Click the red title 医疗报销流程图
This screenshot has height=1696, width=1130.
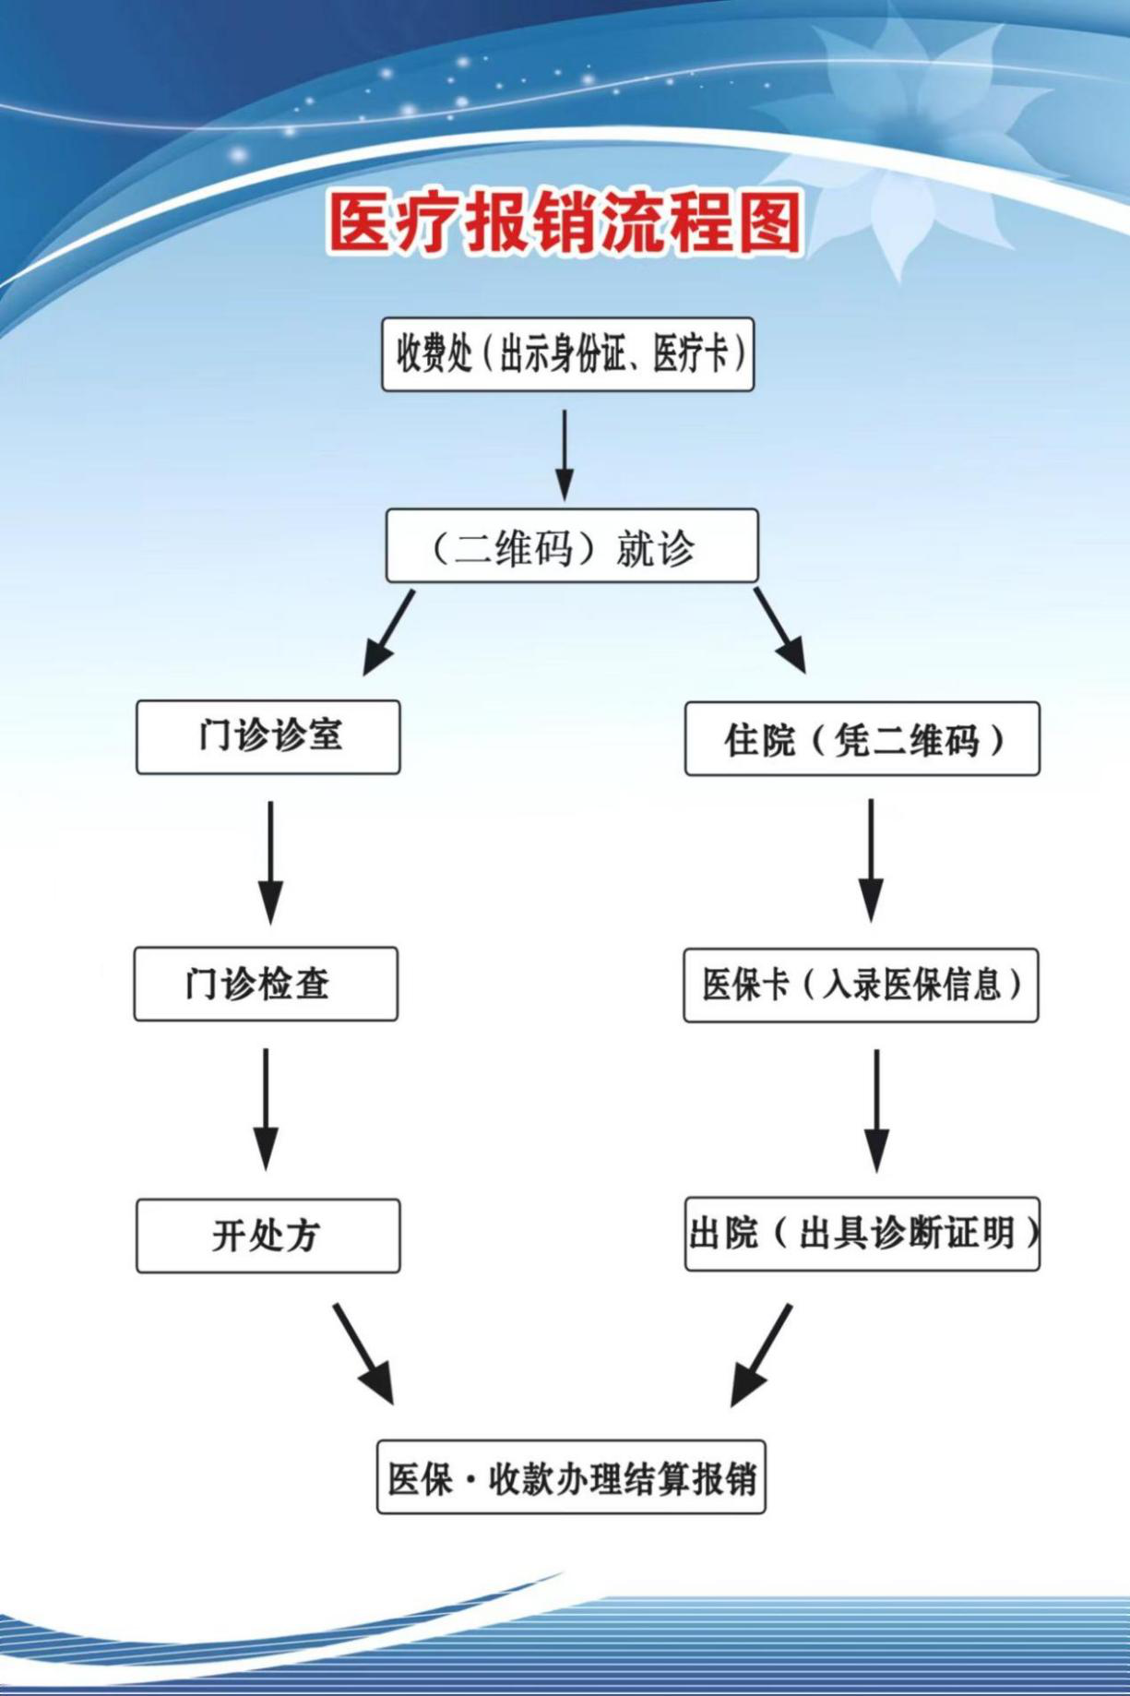tap(565, 223)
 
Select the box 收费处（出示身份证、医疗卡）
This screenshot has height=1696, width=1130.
tap(568, 354)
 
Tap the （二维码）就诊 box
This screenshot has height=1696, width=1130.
tap(572, 545)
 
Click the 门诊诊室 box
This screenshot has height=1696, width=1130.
tap(268, 736)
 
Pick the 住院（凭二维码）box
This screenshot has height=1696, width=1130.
tap(862, 738)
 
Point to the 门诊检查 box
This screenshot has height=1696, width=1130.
tap(266, 984)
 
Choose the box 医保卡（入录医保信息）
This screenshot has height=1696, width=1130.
tap(861, 985)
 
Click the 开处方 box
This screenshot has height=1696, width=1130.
tap(268, 1236)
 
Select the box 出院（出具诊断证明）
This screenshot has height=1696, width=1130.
tap(862, 1234)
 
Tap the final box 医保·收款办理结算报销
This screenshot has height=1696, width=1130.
tap(571, 1477)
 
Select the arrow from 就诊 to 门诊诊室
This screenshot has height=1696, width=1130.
tap(388, 633)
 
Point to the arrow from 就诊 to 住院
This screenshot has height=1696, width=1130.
tap(779, 630)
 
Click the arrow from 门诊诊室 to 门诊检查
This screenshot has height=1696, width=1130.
tap(270, 862)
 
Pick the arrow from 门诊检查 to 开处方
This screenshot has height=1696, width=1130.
tap(266, 1108)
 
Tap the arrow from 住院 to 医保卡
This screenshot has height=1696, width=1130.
tap(871, 860)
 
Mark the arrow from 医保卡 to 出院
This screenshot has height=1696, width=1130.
tap(876, 1110)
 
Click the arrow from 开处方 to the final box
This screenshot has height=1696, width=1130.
tap(363, 1354)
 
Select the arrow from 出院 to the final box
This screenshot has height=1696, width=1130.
tap(762, 1355)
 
